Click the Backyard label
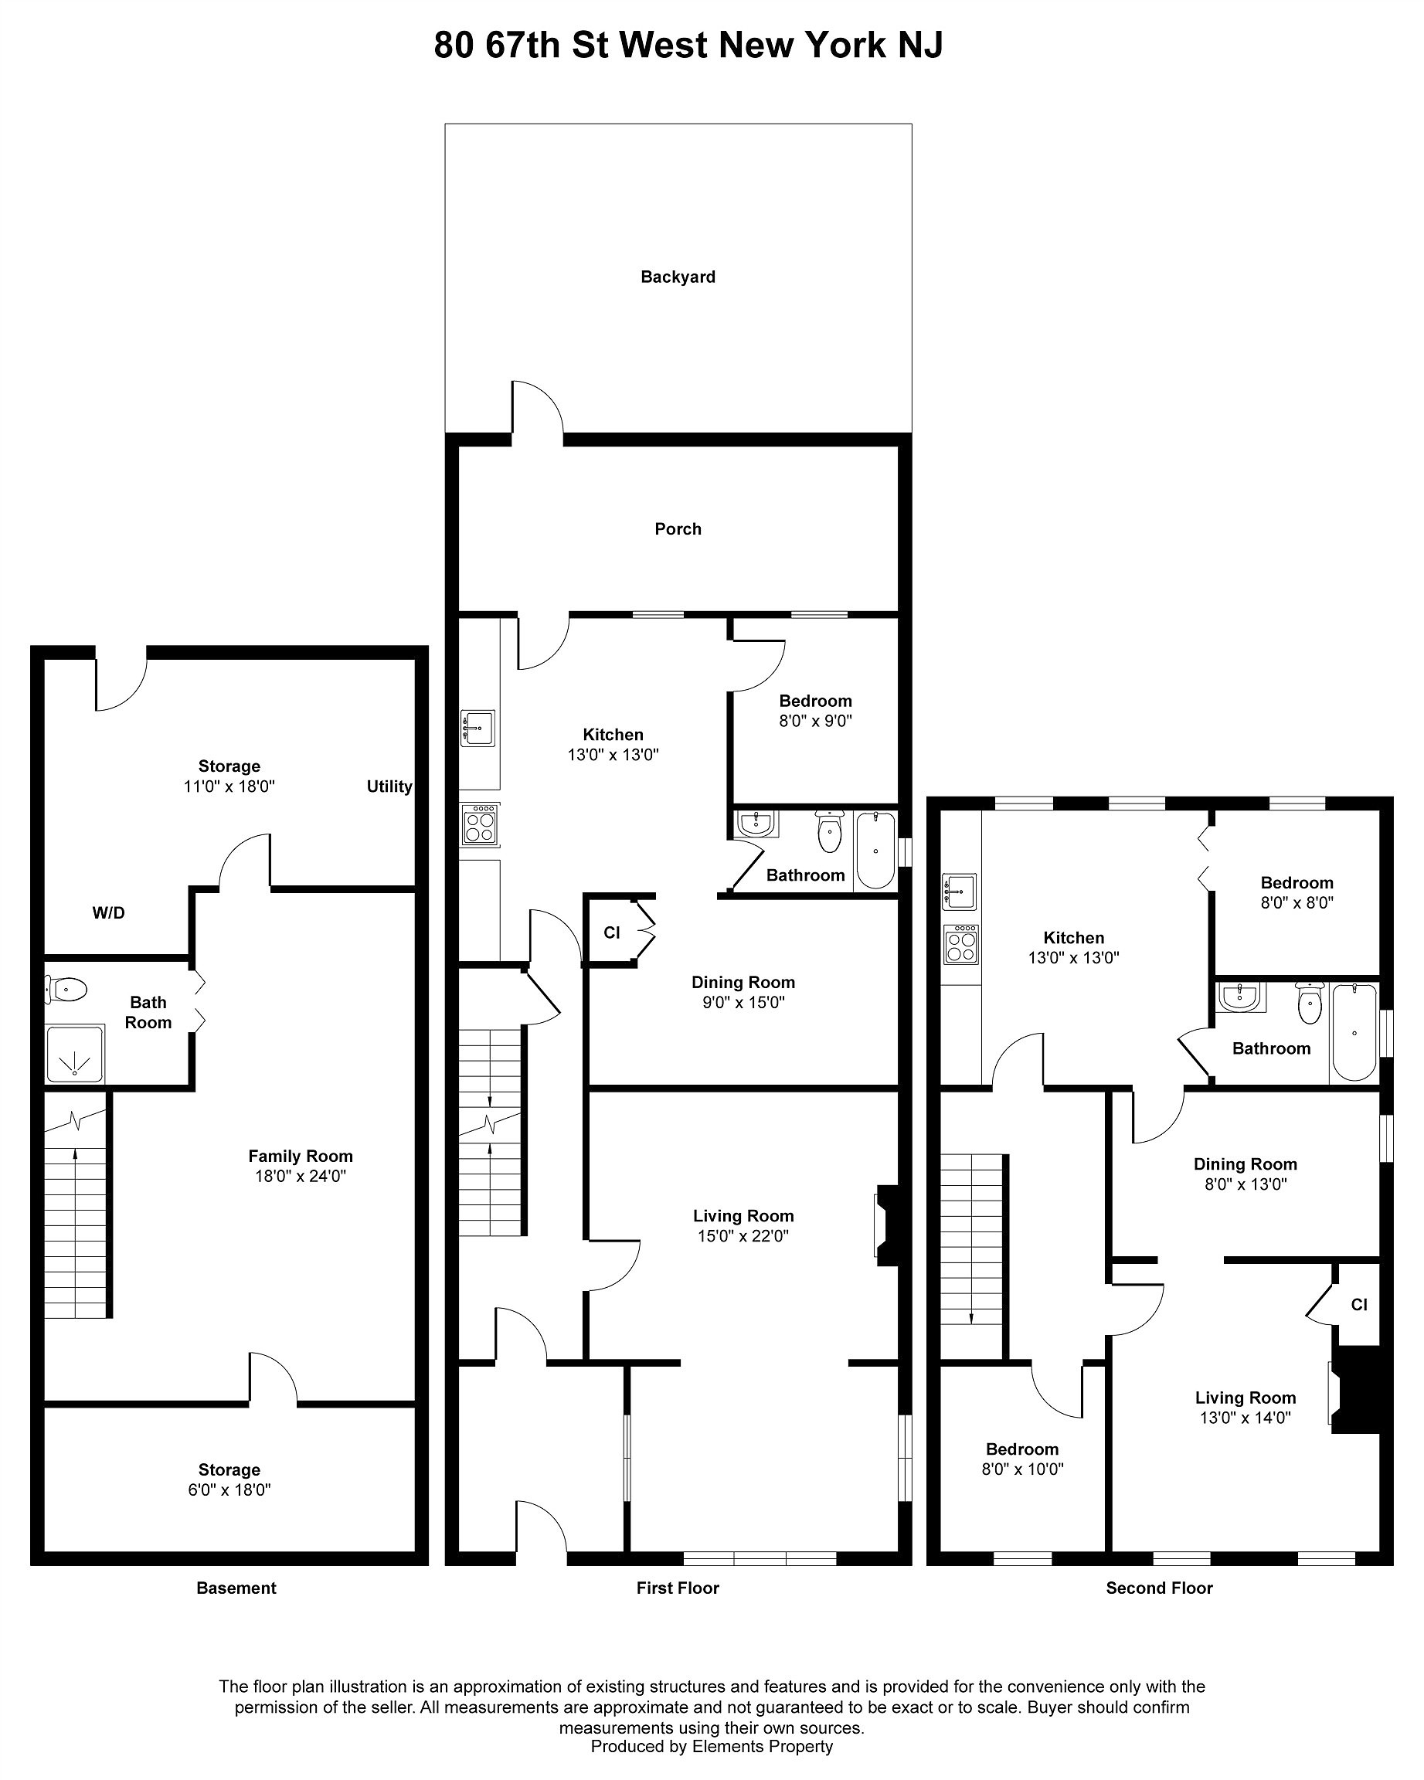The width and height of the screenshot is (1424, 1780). click(x=678, y=277)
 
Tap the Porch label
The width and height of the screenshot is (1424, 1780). click(x=678, y=528)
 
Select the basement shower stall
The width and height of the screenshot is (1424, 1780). click(x=75, y=1054)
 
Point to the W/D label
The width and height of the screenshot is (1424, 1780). click(x=108, y=912)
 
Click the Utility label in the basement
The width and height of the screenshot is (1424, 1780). click(x=389, y=786)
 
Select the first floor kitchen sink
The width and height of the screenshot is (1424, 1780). click(x=478, y=727)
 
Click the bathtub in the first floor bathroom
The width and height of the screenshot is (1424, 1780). click(x=875, y=851)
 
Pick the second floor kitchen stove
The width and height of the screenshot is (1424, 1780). click(x=961, y=943)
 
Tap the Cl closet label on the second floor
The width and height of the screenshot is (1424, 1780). click(x=1359, y=1304)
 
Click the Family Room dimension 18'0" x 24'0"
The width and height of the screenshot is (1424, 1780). click(x=300, y=1177)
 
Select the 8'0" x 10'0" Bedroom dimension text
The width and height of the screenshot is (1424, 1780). click(x=1022, y=1469)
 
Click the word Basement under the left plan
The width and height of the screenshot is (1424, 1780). click(x=236, y=1588)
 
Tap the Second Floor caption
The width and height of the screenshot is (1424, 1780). click(x=1159, y=1588)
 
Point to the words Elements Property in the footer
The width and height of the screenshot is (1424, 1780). click(x=762, y=1746)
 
